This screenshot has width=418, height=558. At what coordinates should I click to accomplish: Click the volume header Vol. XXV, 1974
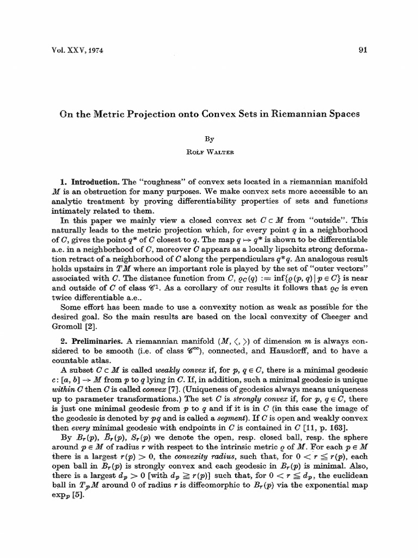click(x=70, y=51)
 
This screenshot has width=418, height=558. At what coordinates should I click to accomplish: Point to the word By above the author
click(x=210, y=139)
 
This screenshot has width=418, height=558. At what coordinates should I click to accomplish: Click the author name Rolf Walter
click(x=210, y=151)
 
